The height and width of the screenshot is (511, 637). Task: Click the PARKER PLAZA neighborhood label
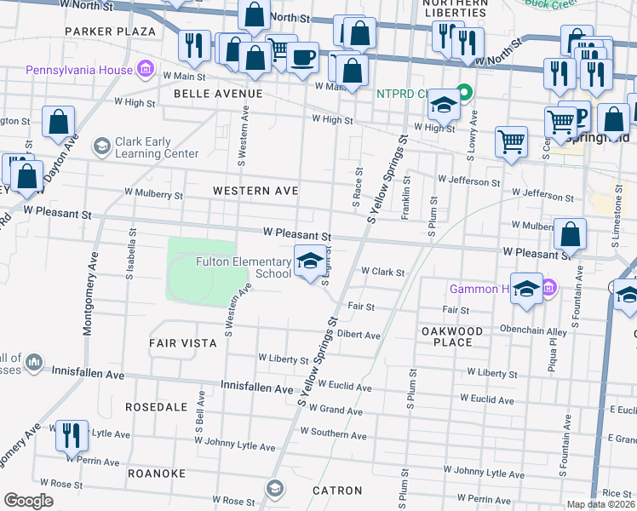tap(111, 32)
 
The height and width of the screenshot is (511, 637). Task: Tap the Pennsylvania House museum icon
tap(145, 68)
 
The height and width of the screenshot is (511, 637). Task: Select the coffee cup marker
tap(302, 58)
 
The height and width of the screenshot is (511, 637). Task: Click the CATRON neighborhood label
tap(337, 491)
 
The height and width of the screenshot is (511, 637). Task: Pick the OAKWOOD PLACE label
tap(452, 336)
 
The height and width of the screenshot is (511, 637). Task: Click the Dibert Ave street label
tap(359, 336)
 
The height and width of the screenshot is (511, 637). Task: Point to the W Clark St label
tap(382, 273)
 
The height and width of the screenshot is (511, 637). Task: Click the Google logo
tap(28, 501)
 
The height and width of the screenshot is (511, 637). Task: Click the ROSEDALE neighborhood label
tap(156, 407)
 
